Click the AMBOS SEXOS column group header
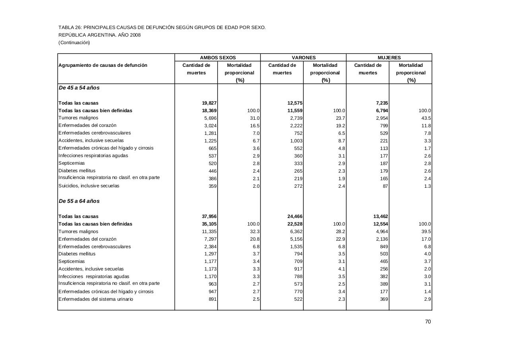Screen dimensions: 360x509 pos(218,58)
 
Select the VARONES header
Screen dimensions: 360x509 pos(303,58)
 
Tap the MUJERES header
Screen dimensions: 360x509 pos(389,58)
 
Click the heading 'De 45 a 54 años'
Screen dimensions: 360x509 pos(79,88)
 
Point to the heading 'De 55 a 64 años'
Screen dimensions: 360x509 pos(79,201)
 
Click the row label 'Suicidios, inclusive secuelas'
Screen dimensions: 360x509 pos(89,186)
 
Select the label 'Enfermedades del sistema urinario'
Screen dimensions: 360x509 pos(96,299)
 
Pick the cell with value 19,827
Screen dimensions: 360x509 pos(209,103)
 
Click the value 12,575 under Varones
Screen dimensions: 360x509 pos(295,103)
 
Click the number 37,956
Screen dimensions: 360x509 pos(209,216)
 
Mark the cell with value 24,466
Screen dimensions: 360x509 pos(295,216)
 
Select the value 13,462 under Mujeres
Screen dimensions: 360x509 pos(380,216)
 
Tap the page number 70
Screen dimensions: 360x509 pos(428,322)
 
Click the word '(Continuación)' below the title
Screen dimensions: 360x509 pos(74,43)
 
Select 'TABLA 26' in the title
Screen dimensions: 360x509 pos(70,27)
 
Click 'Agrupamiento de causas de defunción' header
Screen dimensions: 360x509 pos(103,65)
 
